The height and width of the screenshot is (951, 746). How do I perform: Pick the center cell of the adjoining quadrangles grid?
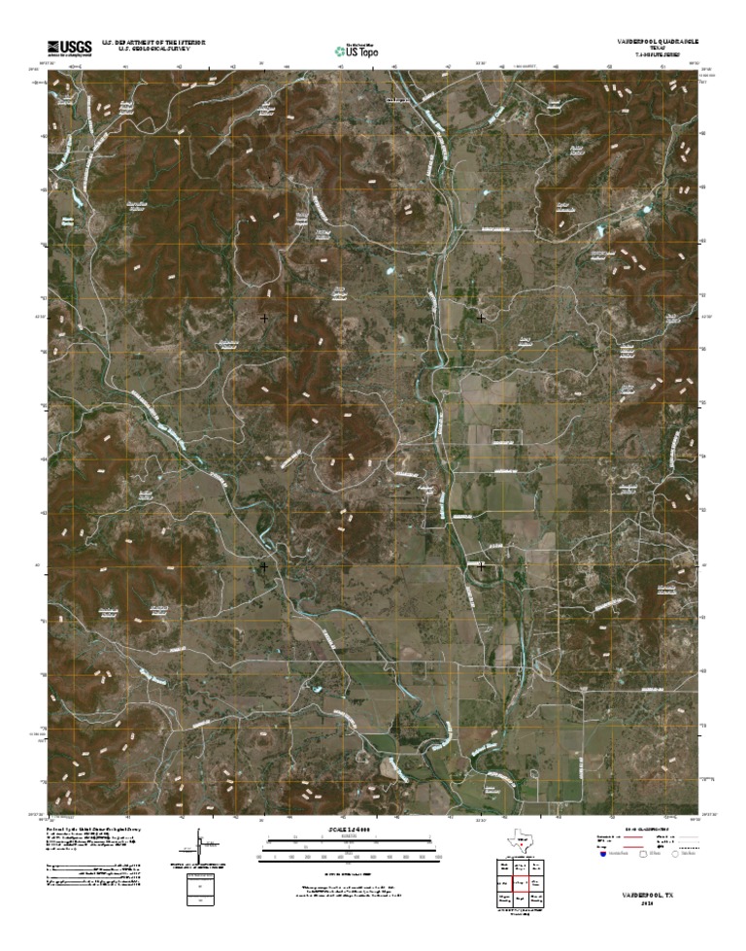pos(522,881)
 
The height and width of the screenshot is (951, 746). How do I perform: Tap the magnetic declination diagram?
pos(200,843)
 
